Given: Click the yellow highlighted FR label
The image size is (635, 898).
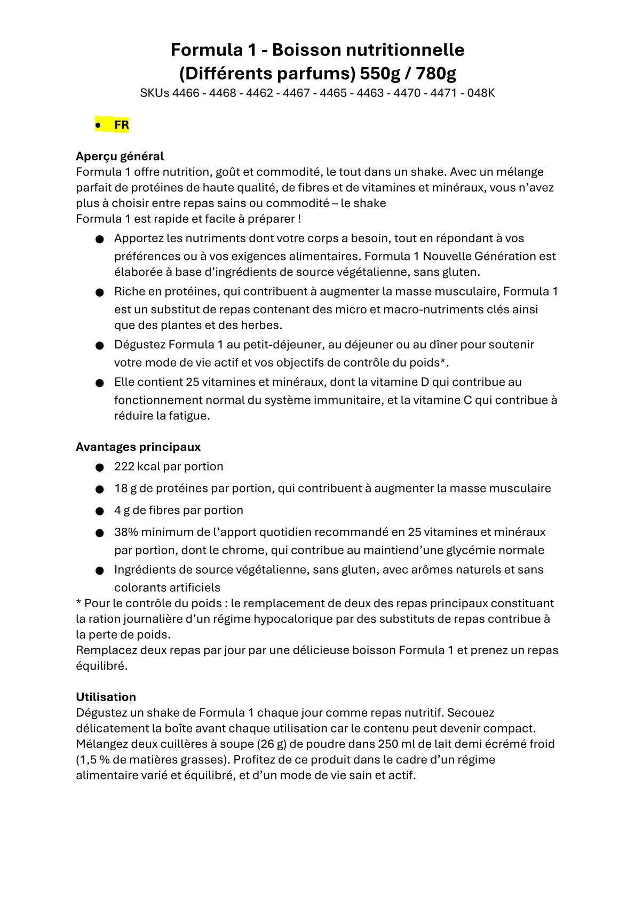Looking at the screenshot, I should click(121, 125).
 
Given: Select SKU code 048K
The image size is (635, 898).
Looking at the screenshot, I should click(481, 93).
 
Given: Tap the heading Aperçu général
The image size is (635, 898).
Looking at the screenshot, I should click(120, 156).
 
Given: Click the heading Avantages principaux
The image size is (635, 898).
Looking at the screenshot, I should click(138, 447).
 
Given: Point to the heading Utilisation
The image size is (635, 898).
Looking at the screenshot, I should click(106, 697).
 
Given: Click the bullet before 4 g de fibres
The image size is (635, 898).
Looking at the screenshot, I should click(99, 511).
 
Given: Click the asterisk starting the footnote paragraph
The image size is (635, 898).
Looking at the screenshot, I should click(79, 603).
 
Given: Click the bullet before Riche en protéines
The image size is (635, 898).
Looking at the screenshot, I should click(99, 292).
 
